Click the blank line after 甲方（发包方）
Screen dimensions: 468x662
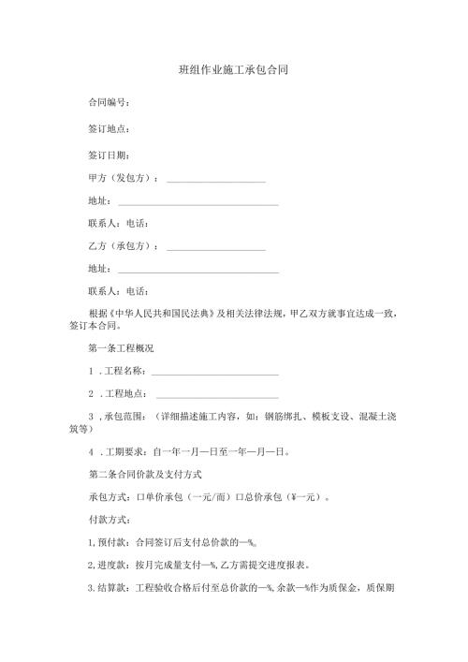tap(215, 180)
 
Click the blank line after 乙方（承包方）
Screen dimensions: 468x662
tap(215, 250)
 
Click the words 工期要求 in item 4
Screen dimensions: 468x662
tap(129, 451)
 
